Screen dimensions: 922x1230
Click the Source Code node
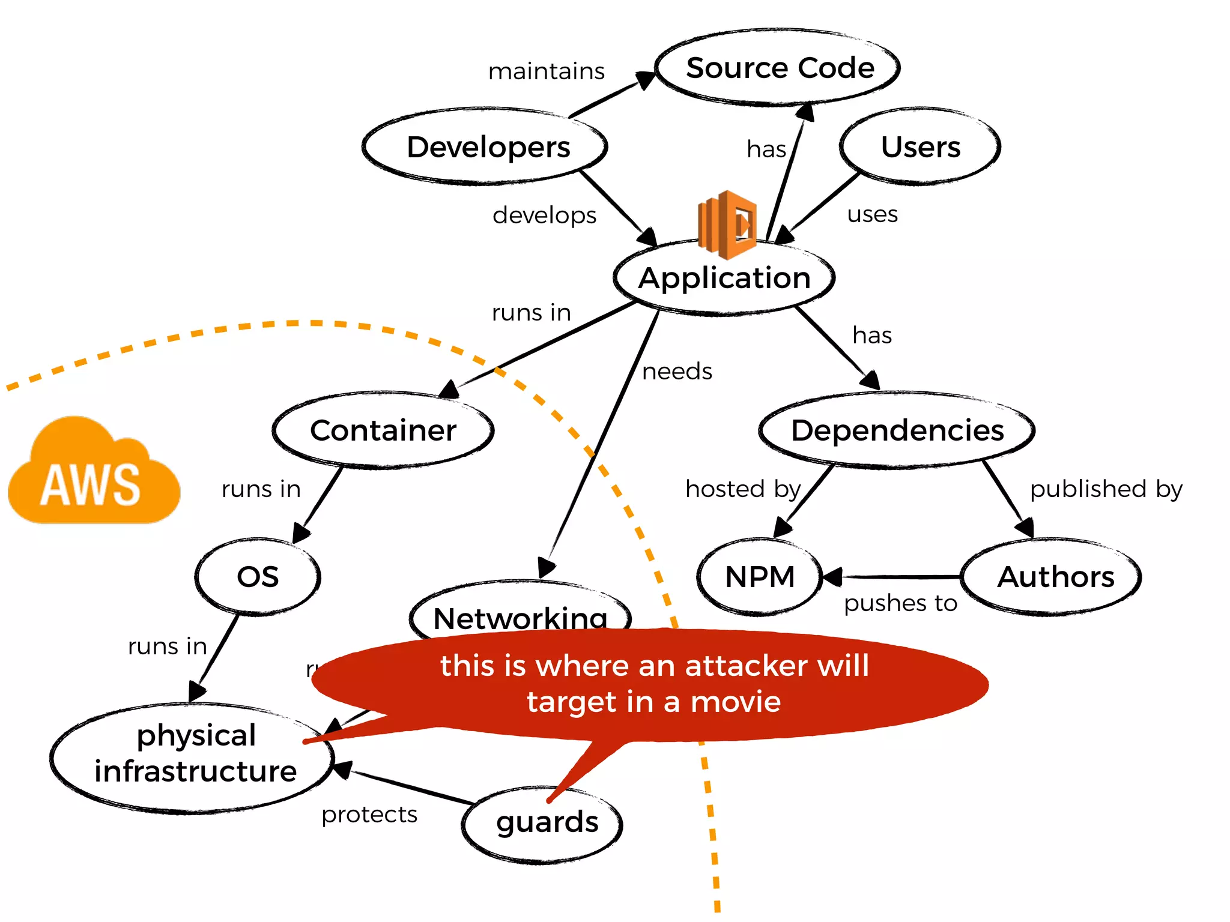[779, 68]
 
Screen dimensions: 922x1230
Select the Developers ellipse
[487, 147]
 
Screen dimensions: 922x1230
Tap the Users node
[920, 147]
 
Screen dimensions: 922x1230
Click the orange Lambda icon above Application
[727, 224]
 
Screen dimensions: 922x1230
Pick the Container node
[383, 430]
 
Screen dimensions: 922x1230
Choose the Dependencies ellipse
[897, 430]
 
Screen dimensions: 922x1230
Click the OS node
[258, 577]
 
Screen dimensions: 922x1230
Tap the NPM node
[760, 577]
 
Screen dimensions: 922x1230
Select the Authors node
[1055, 577]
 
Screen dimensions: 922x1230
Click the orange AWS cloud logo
[93, 474]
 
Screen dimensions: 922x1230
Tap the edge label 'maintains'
[546, 71]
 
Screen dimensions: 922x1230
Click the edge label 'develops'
[544, 215]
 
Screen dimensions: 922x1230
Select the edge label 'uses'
[872, 214]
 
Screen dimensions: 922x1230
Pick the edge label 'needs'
[677, 372]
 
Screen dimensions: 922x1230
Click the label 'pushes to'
[900, 603]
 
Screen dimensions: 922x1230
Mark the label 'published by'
[1106, 489]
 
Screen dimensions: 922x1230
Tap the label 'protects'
[369, 815]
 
